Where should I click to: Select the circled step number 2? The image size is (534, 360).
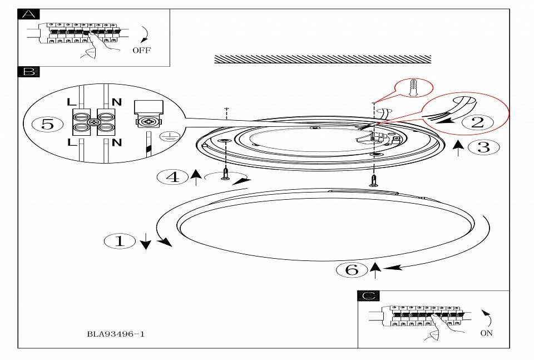[x=478, y=122]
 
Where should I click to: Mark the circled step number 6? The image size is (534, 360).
[x=352, y=270]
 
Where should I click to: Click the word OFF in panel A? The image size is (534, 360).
[x=141, y=50]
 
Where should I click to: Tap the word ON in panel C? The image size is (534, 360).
[x=486, y=333]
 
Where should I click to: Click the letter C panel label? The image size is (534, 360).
[x=368, y=295]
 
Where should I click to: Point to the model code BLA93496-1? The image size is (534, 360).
[x=116, y=334]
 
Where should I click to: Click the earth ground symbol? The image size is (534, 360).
[x=165, y=137]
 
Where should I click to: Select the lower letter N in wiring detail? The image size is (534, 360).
[x=116, y=142]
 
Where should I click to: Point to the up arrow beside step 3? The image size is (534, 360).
[x=458, y=148]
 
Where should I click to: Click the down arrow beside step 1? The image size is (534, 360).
[x=146, y=241]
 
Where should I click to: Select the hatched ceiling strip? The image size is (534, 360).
[x=323, y=59]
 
